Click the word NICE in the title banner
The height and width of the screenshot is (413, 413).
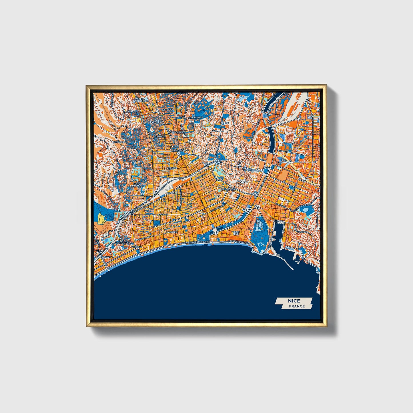tap(294, 301)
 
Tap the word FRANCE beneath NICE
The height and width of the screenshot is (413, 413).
tap(297, 306)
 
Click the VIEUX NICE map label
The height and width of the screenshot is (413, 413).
tap(236, 233)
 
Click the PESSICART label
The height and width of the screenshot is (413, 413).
tap(119, 142)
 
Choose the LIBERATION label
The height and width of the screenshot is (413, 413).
tap(178, 150)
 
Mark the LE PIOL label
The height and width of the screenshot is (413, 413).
tap(132, 161)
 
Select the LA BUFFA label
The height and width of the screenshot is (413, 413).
tap(171, 232)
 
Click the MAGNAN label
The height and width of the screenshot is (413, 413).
tap(105, 257)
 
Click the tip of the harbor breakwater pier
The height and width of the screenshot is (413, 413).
tap(292, 269)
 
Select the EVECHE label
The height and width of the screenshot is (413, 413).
tap(155, 122)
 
